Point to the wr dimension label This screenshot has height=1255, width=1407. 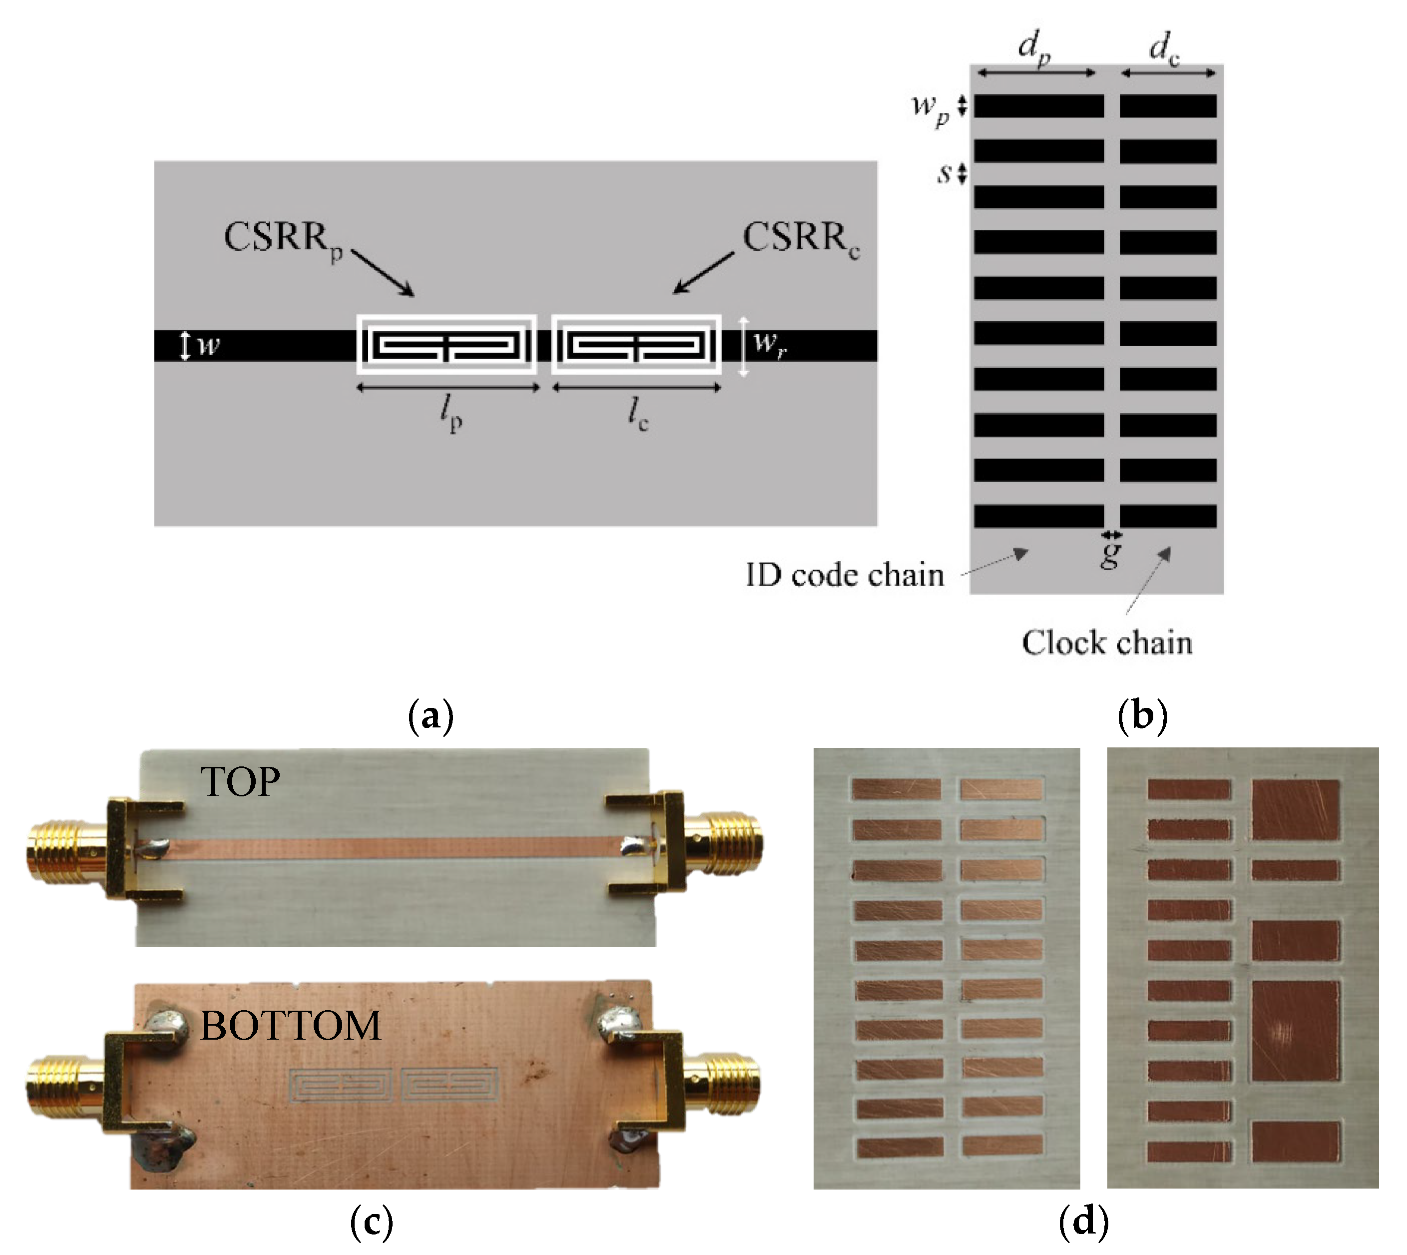click(x=769, y=343)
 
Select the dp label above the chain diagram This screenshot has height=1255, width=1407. click(x=1034, y=47)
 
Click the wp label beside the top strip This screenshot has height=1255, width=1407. click(x=930, y=107)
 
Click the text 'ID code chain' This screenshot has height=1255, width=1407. click(x=845, y=575)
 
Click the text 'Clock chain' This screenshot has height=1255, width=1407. click(x=1106, y=642)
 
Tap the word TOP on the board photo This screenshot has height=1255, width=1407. click(x=240, y=782)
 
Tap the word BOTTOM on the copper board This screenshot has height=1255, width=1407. click(x=290, y=1025)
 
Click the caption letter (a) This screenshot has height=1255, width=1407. click(x=431, y=716)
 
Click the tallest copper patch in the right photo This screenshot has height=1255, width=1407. click(x=1295, y=1030)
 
